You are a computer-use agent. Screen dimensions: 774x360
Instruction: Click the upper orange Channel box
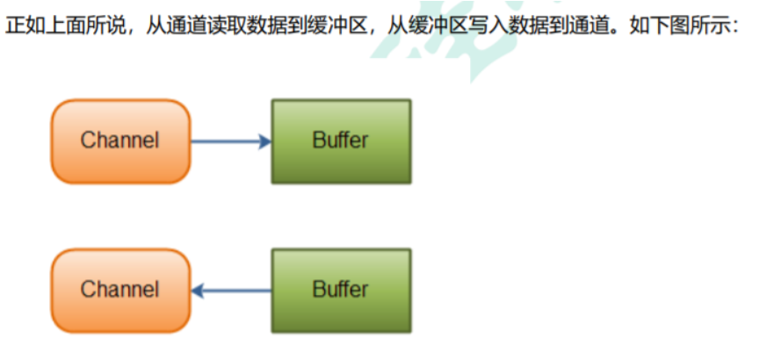pyautogui.click(x=120, y=141)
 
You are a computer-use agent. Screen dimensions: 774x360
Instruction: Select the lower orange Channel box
pyautogui.click(x=120, y=291)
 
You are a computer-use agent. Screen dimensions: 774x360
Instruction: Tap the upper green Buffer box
pyautogui.click(x=341, y=141)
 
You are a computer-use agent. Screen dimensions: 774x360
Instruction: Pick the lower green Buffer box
pyautogui.click(x=341, y=291)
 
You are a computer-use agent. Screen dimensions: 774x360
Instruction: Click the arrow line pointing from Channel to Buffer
pyautogui.click(x=231, y=142)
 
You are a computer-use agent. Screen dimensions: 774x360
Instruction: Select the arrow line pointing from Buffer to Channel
pyautogui.click(x=231, y=291)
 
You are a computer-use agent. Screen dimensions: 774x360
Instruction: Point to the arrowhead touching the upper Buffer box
pyautogui.click(x=265, y=142)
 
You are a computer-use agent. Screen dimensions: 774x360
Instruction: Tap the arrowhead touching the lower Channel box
pyautogui.click(x=197, y=291)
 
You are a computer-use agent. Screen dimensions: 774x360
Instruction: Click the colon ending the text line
pyautogui.click(x=735, y=27)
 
